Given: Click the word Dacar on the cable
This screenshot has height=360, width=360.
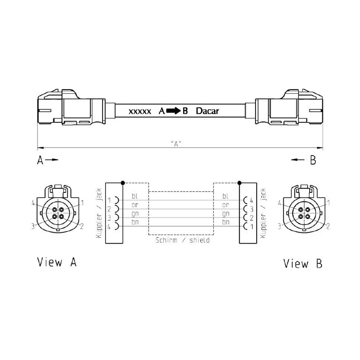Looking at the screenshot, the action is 207,111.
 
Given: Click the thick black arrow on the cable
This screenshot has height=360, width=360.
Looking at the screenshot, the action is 174,111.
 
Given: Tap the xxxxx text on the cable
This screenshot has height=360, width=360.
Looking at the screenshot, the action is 140,112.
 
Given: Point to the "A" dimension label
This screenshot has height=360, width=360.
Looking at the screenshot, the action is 176,144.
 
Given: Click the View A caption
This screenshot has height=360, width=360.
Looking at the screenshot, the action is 57,262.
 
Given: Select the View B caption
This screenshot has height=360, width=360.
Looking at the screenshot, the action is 303,264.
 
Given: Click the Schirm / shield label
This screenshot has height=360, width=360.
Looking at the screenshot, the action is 183,240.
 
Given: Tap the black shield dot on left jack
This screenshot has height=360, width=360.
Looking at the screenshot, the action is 123,183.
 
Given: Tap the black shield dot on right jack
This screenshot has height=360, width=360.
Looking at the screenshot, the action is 239,183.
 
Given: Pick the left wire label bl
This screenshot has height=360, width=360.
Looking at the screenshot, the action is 135,196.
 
